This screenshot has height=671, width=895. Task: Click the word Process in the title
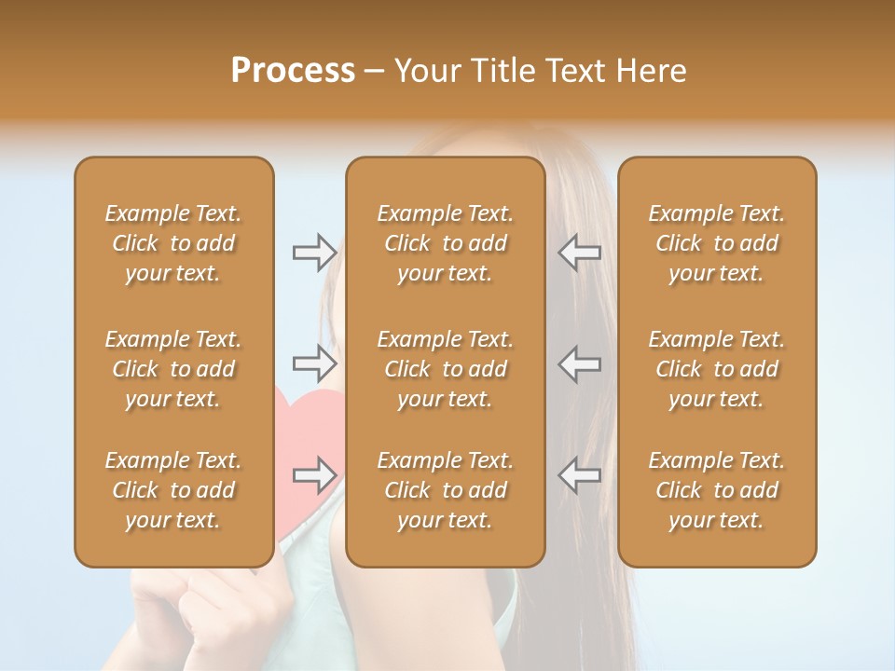tap(293, 71)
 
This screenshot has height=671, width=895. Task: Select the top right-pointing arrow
tap(314, 253)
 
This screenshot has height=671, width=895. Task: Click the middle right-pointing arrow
tap(314, 362)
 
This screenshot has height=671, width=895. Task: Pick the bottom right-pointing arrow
tap(314, 475)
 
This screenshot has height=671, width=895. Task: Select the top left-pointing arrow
tap(579, 253)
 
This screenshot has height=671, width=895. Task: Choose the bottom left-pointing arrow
tap(579, 475)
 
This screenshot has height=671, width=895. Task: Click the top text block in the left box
tap(173, 243)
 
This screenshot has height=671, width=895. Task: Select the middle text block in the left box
tap(173, 369)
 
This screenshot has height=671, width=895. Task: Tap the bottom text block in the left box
tap(173, 490)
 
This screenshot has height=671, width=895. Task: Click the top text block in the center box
tap(445, 243)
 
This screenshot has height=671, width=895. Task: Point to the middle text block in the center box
tap(445, 369)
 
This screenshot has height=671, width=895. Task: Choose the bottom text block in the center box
tap(445, 490)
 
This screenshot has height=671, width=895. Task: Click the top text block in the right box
tap(716, 243)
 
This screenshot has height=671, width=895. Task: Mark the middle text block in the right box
tap(716, 369)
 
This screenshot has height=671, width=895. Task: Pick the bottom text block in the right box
tap(716, 490)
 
